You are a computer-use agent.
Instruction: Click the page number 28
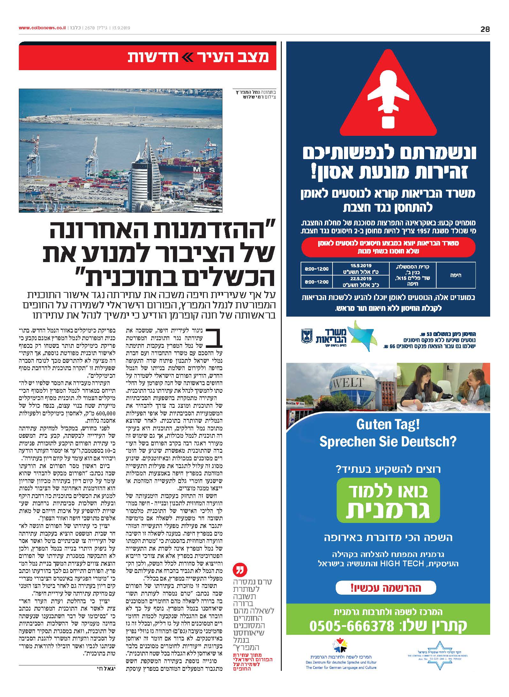pos(485,29)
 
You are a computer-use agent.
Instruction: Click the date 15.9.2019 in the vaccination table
pos(360,265)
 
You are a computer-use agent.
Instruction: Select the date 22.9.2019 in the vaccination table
pos(360,278)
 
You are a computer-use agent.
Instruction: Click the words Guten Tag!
pos(388,425)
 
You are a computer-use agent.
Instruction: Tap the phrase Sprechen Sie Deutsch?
pos(388,442)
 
